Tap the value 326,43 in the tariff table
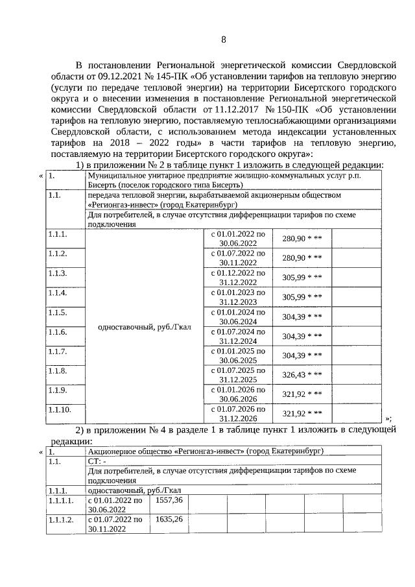tap(294, 375)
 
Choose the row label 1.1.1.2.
tap(62, 520)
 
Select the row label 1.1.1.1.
tap(62, 500)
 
